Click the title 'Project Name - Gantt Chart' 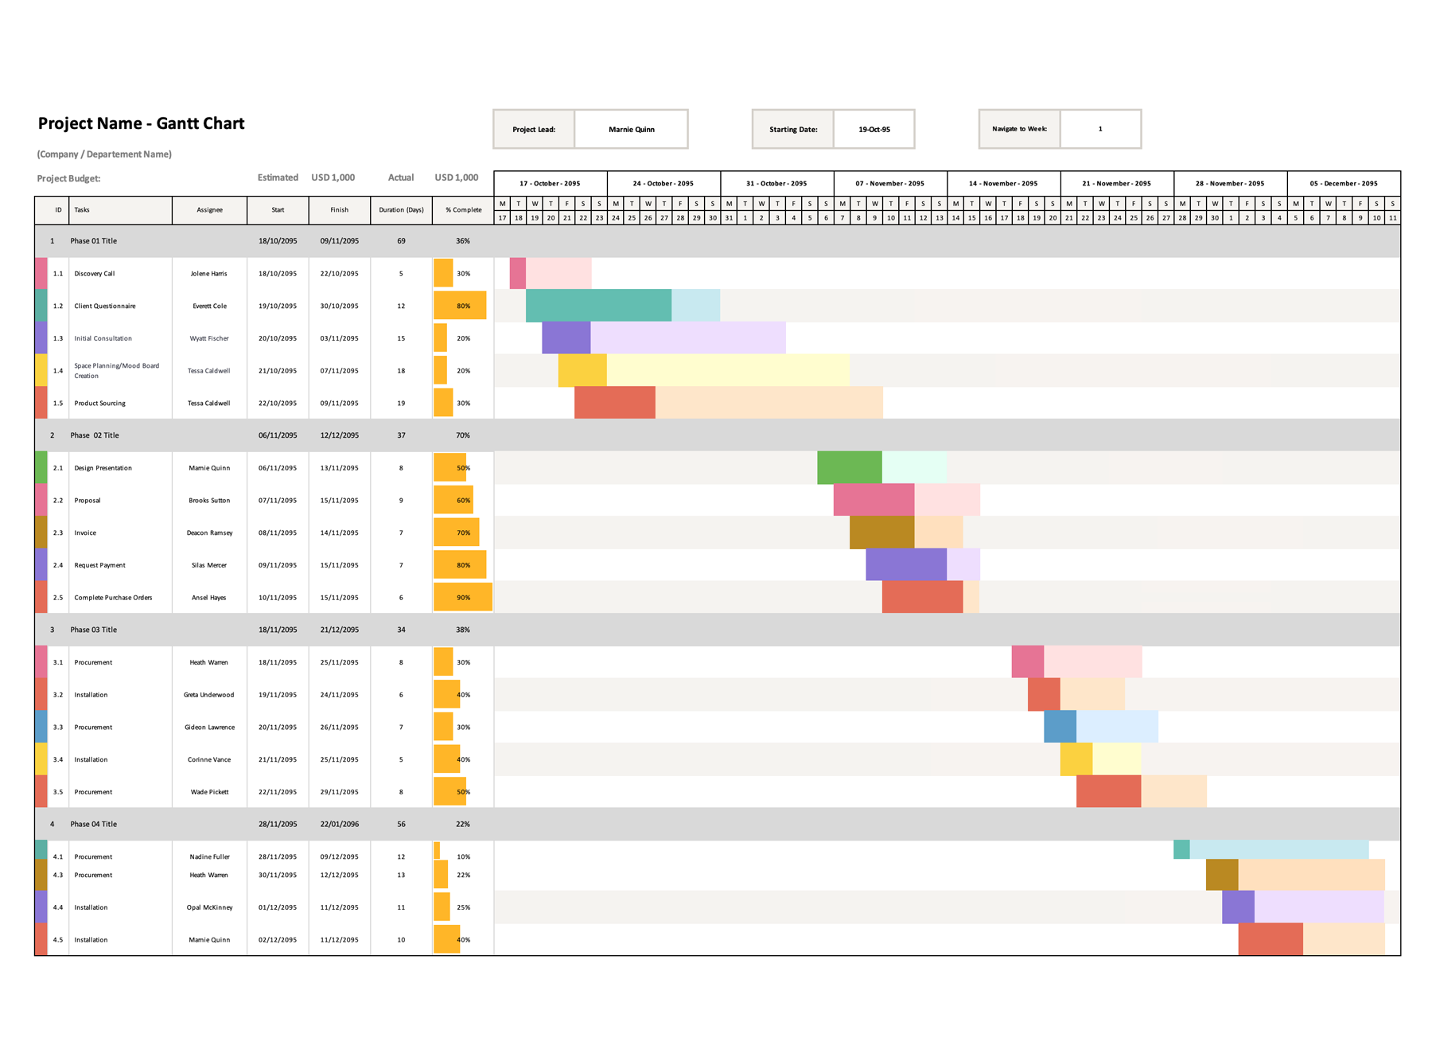point(141,123)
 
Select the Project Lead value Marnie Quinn point(631,130)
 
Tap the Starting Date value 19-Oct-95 point(874,130)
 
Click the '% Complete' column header point(463,210)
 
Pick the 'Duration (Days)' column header point(401,210)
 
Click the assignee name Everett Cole point(209,306)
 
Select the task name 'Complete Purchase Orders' point(113,598)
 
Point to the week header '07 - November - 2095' point(889,184)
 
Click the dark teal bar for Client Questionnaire point(598,306)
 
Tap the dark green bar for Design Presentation point(849,468)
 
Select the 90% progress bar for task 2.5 point(462,598)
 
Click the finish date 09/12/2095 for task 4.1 point(339,857)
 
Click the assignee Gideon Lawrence point(209,727)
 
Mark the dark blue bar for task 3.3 point(1060,727)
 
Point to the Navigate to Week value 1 point(1100,129)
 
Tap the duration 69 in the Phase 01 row point(401,241)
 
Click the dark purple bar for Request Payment point(906,565)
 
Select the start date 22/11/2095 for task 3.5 point(278,793)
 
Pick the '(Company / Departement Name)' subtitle point(104,154)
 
